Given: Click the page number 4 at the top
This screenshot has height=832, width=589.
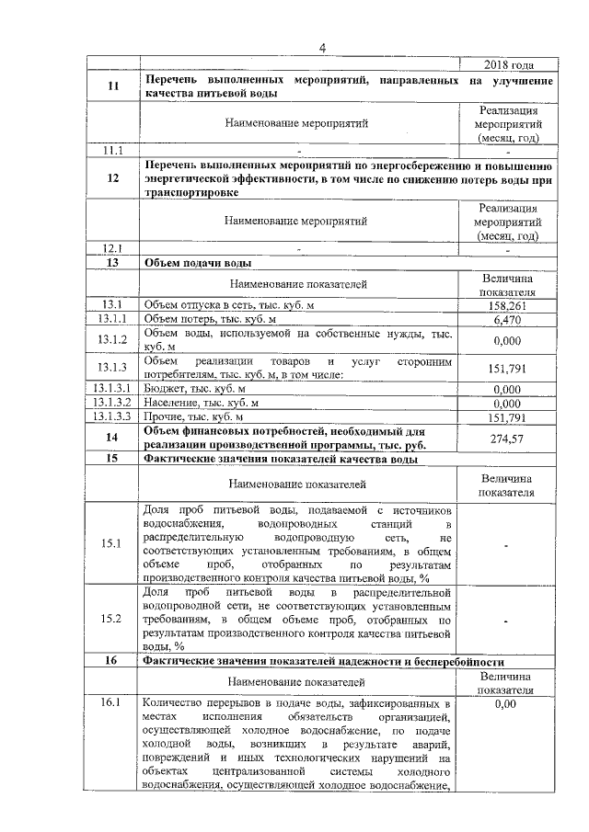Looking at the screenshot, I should pyautogui.click(x=322, y=48).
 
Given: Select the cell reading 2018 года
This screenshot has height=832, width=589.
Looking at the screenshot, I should pyautogui.click(x=507, y=65).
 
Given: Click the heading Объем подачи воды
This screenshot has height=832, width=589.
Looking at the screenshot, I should pyautogui.click(x=192, y=262).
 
